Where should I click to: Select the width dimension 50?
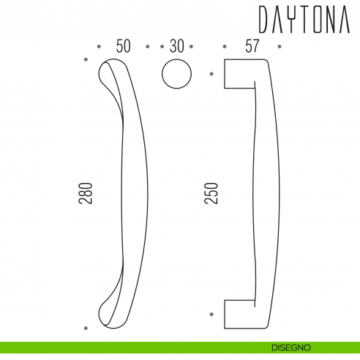tap(123, 46)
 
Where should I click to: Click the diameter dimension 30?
tap(176, 46)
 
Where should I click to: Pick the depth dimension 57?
tap(252, 46)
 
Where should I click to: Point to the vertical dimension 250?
tap(211, 193)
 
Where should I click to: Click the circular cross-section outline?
tap(176, 74)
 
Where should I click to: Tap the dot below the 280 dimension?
tap(86, 328)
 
